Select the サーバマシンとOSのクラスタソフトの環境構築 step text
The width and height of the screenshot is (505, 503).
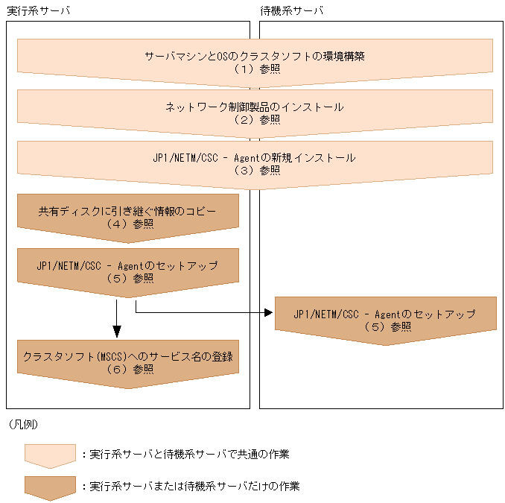pyautogui.click(x=255, y=57)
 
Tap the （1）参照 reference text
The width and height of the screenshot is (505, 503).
pyautogui.click(x=255, y=69)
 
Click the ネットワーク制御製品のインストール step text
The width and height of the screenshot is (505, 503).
pyautogui.click(x=255, y=107)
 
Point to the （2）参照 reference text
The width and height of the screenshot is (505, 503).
pyautogui.click(x=255, y=119)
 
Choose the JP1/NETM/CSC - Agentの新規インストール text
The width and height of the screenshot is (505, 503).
pyautogui.click(x=255, y=158)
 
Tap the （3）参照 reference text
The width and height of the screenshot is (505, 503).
pyautogui.click(x=255, y=170)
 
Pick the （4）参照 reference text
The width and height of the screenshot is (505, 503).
pyautogui.click(x=127, y=224)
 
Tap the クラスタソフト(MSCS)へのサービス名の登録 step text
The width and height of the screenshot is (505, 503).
pyautogui.click(x=127, y=357)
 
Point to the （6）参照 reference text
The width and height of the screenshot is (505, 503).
pyautogui.click(x=127, y=369)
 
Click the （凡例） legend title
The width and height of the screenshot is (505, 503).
pyautogui.click(x=23, y=425)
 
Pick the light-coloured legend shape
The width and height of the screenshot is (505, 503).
pyautogui.click(x=51, y=455)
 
